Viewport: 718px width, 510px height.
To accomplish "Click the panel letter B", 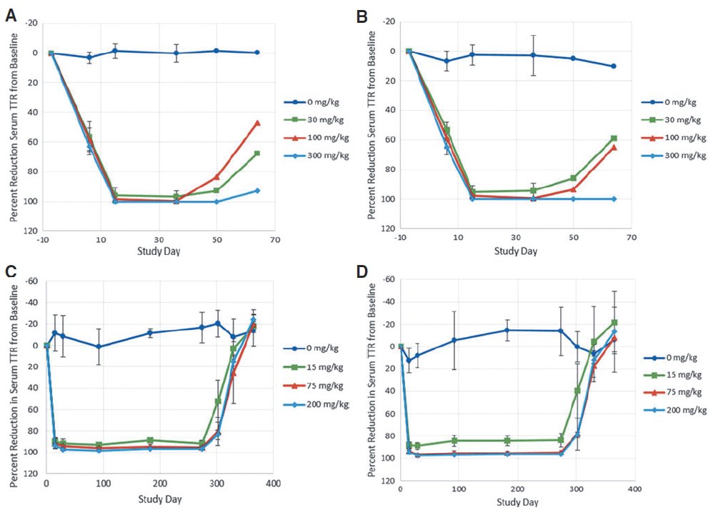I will click(x=363, y=14).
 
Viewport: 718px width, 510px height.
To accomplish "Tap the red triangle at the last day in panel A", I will click(x=257, y=123).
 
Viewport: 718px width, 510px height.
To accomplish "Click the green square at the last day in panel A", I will click(x=257, y=154).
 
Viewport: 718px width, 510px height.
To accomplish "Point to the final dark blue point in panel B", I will click(x=614, y=66).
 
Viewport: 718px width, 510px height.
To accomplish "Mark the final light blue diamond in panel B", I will click(x=614, y=199).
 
